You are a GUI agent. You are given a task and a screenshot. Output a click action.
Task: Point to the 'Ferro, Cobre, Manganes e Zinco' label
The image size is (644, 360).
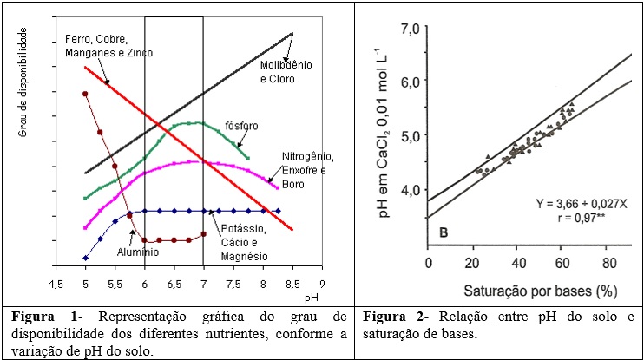pos(108,46)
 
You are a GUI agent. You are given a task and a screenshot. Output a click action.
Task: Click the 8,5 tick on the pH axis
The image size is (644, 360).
pos(292,285)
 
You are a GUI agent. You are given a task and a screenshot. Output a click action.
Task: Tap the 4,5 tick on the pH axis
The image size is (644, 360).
pos(56,285)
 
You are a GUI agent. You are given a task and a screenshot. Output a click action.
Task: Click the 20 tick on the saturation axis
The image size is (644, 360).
pos(472,262)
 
